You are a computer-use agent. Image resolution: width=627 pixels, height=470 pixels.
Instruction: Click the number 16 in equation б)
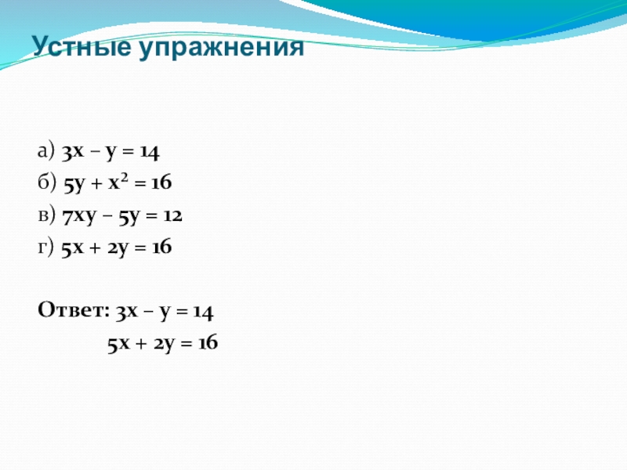tap(161, 183)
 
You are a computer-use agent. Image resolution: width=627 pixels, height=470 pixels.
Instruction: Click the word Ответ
tap(74, 311)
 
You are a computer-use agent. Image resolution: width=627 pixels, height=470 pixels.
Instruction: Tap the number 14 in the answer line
tap(203, 311)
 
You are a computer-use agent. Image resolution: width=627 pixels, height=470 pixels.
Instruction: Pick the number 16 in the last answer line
tap(207, 343)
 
